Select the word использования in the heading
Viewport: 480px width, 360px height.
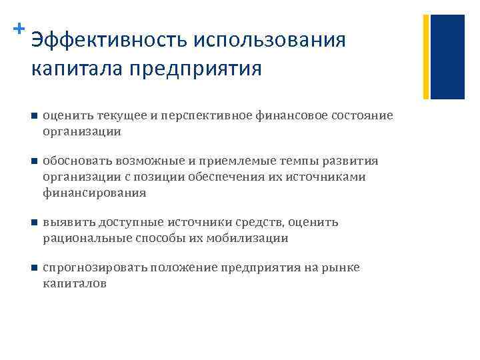click(x=269, y=40)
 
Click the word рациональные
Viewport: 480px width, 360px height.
click(x=83, y=238)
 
